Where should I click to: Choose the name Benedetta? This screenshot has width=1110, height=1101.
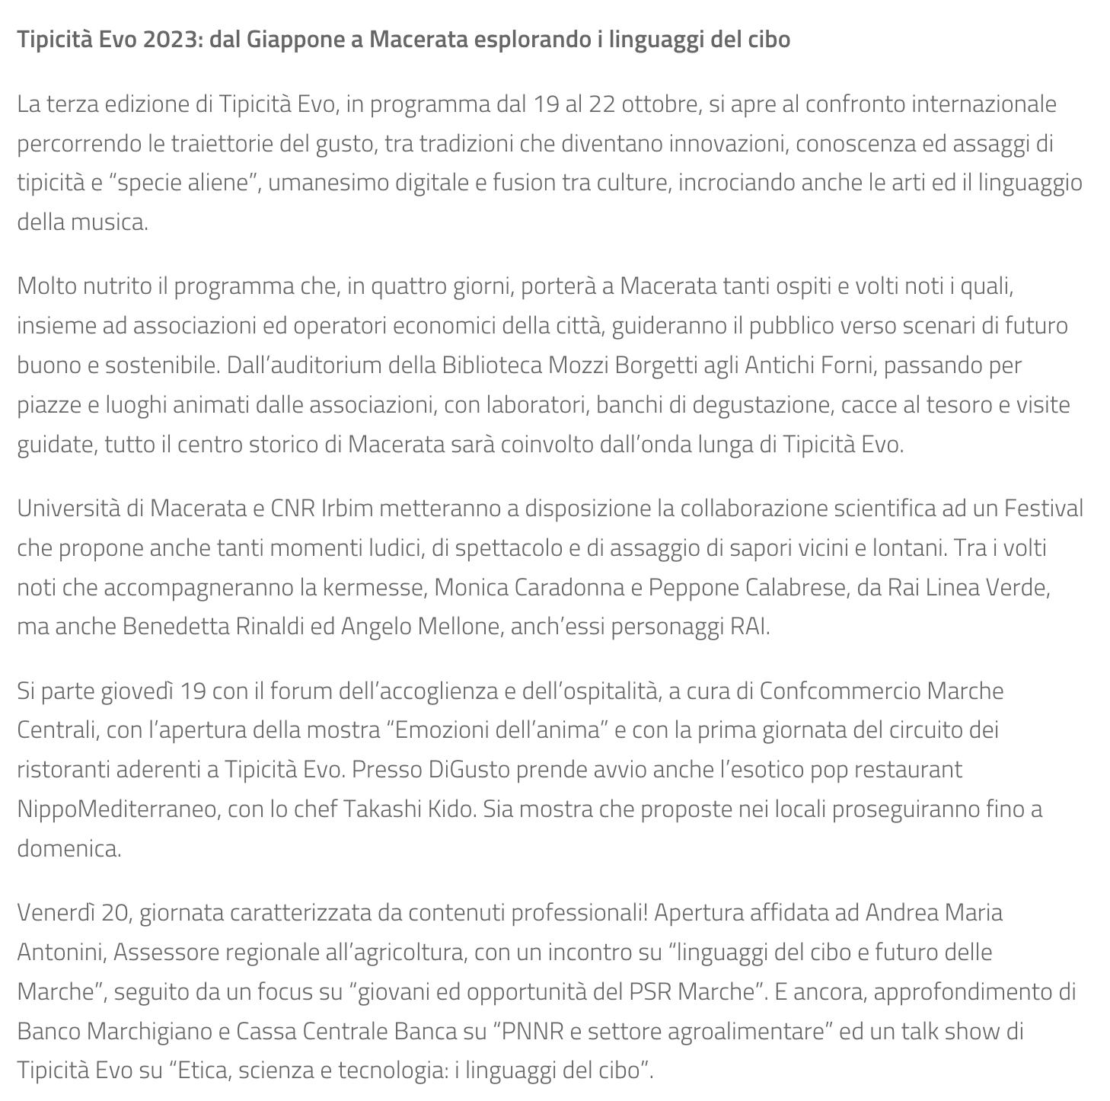coord(176,627)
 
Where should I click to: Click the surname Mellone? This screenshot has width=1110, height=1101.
coord(461,627)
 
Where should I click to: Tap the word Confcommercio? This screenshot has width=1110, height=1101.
coord(840,691)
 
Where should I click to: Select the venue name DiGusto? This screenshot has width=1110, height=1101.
coord(469,770)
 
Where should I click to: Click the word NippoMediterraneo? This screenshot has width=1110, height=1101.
coord(116,809)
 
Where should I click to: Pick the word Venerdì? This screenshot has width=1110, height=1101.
coord(55,913)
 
